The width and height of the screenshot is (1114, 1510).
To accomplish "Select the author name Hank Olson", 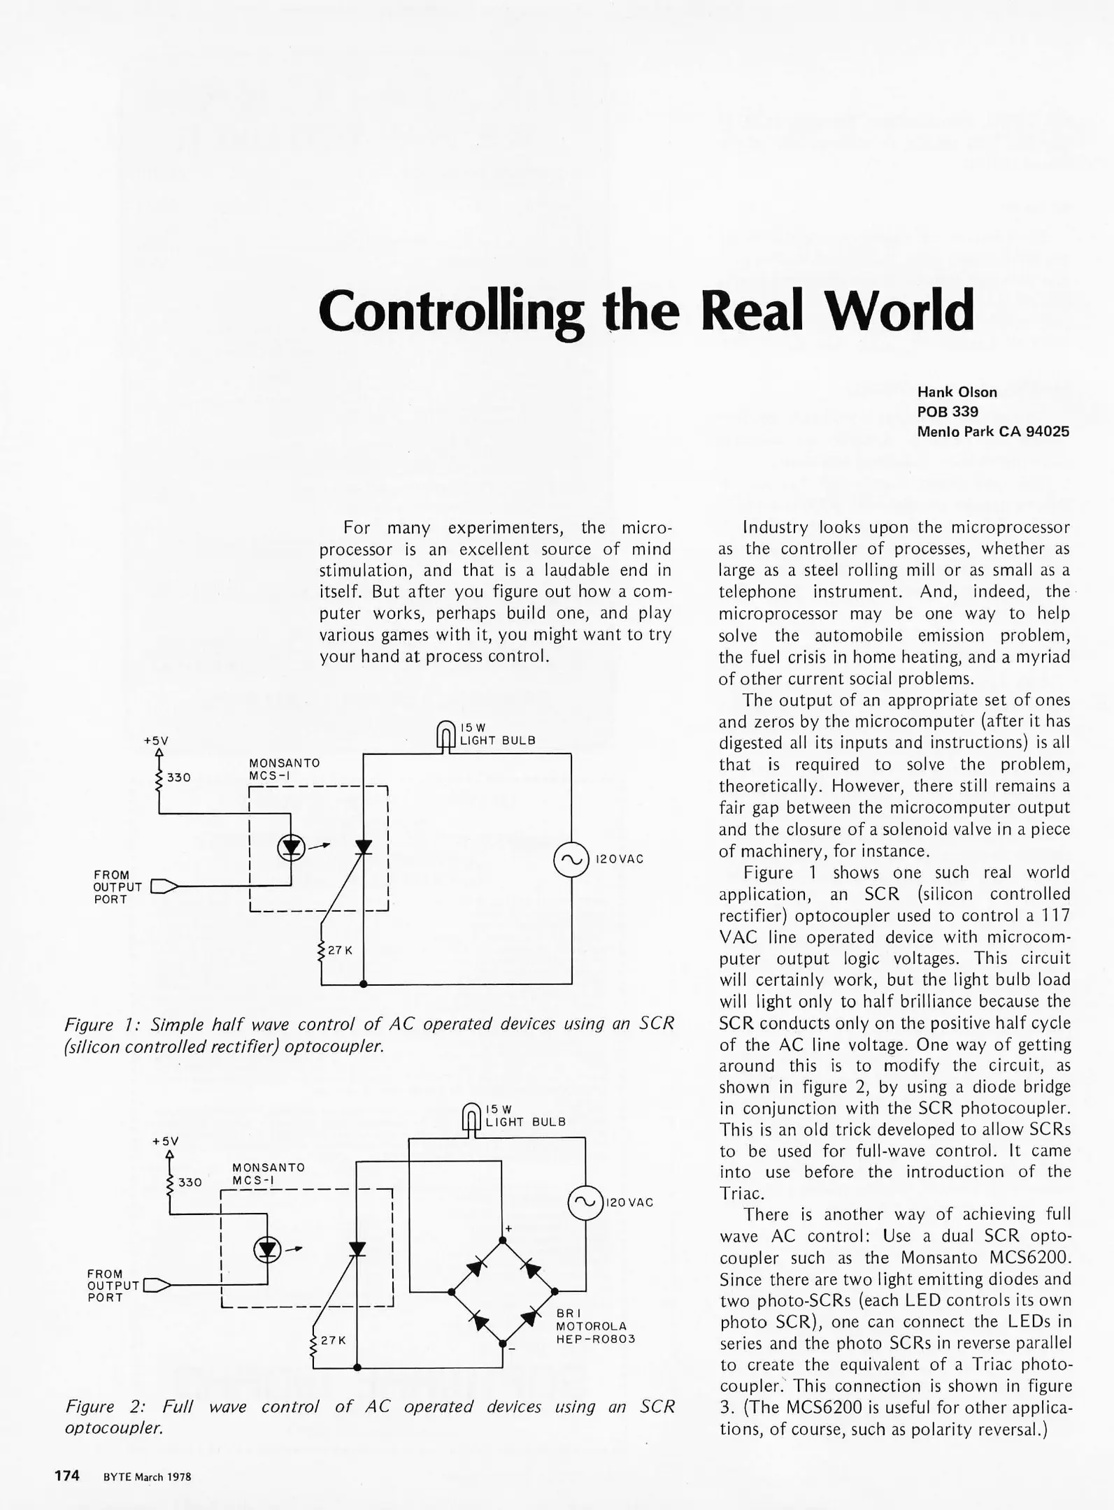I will [957, 392].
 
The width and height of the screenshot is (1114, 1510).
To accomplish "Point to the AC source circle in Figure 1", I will [571, 860].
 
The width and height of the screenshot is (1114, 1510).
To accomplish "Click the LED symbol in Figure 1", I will [291, 848].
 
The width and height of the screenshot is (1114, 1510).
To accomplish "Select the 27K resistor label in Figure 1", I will [340, 951].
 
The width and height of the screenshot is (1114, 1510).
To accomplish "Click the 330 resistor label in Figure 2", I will [190, 1182].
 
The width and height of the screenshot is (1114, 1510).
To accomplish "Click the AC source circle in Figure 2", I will [585, 1202].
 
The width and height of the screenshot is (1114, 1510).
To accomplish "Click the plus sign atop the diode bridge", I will [508, 1228].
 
